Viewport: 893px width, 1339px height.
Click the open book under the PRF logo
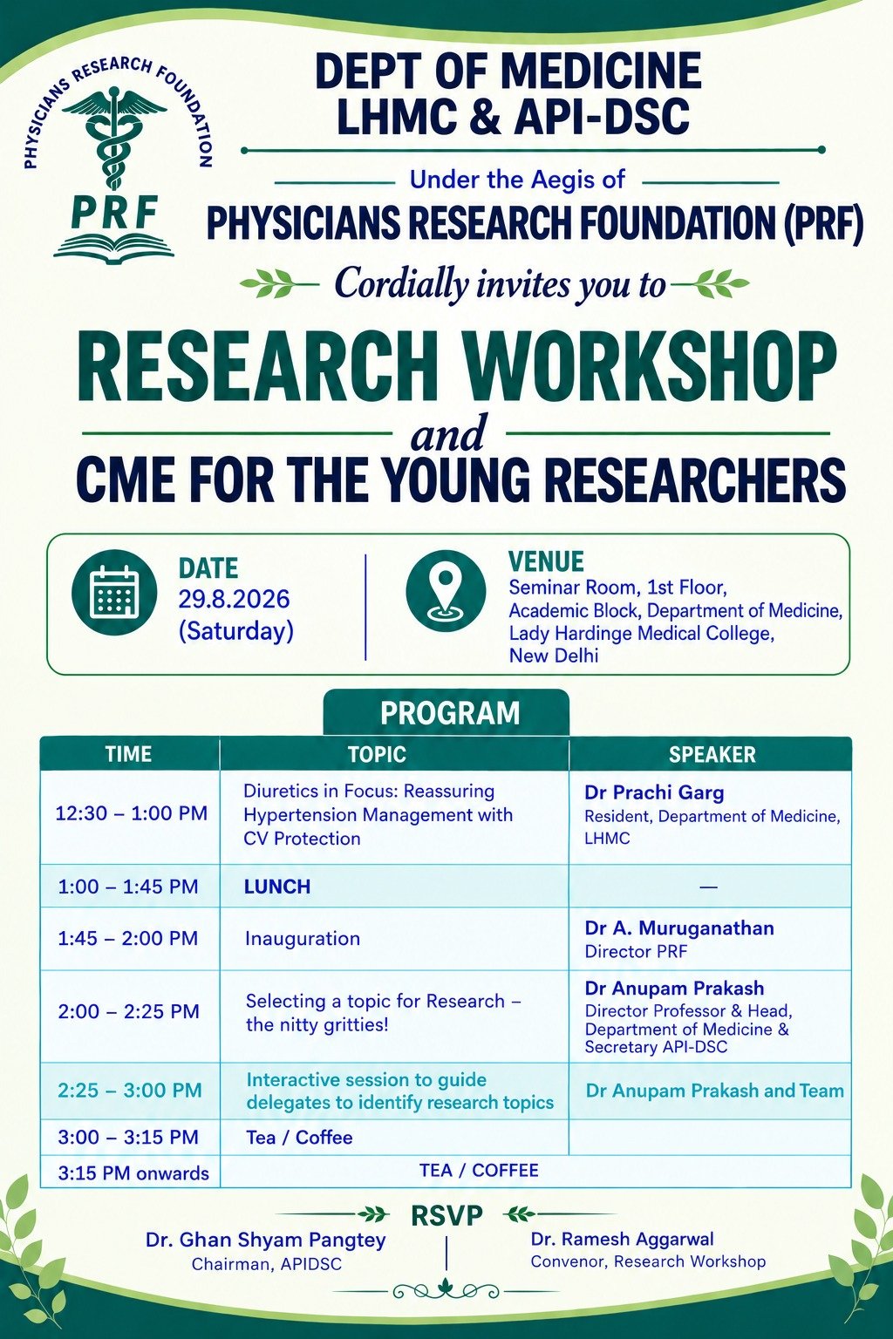(113, 247)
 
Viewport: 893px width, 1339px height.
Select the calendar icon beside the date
(114, 593)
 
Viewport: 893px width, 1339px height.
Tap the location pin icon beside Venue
(446, 591)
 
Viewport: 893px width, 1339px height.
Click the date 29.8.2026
(234, 599)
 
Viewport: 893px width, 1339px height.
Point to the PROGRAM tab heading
(450, 713)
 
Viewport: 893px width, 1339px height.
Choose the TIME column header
(128, 754)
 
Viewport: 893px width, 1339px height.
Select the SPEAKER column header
(712, 754)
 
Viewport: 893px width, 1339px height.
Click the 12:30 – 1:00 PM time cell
(131, 813)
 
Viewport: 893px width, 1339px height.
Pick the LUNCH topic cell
(277, 886)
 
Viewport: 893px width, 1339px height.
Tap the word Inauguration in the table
(302, 939)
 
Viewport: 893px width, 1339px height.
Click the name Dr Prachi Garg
(654, 792)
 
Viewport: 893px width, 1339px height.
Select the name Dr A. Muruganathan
(679, 928)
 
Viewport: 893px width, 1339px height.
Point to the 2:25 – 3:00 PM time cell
(130, 1090)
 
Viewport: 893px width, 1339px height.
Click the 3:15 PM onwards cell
(133, 1173)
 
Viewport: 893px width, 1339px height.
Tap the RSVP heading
(446, 1215)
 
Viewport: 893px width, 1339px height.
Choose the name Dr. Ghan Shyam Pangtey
(266, 1240)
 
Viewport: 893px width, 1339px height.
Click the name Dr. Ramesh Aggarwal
(622, 1239)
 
